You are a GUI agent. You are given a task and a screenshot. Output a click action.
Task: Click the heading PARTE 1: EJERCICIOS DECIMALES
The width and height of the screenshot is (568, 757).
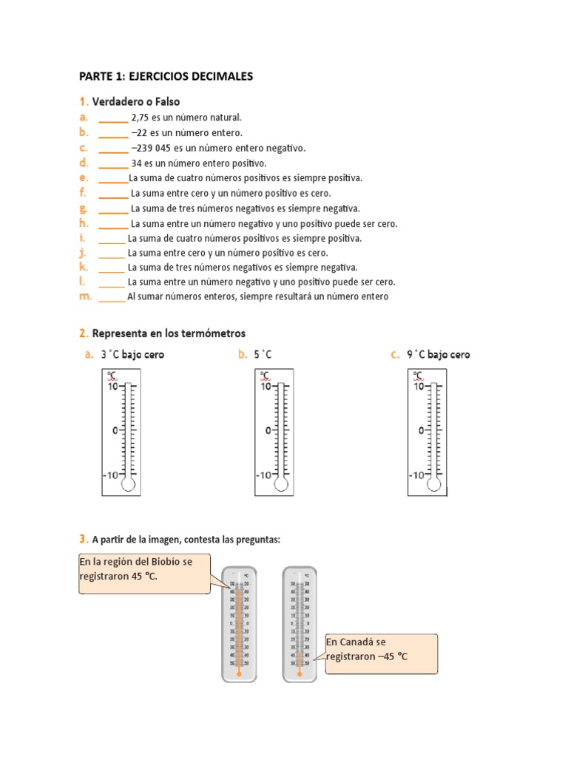point(166,76)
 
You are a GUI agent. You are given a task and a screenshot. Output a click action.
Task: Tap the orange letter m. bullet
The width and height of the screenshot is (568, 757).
point(85,296)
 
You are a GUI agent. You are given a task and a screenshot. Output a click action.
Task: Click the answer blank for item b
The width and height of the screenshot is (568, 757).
point(113,133)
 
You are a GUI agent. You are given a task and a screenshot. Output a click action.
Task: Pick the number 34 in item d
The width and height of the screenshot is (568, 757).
point(136,163)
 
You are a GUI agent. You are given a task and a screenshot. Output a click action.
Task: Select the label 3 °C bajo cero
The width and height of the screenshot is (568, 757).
point(132,355)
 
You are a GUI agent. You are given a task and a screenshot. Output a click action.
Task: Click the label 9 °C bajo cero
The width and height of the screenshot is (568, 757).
point(438,355)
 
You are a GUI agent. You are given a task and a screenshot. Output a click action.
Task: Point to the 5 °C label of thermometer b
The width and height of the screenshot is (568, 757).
point(263,355)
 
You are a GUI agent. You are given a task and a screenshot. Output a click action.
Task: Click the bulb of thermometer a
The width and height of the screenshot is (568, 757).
point(129,484)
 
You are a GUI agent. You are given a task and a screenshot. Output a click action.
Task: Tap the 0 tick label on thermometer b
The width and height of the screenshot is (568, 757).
point(266,430)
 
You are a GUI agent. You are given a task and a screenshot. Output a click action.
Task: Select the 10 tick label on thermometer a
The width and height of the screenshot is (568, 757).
point(113,386)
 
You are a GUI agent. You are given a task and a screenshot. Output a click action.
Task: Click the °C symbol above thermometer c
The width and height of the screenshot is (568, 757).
point(418,375)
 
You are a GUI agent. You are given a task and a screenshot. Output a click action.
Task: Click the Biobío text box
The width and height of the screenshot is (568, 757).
point(145,573)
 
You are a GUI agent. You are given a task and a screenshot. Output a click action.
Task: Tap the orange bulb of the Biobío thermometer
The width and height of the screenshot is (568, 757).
point(239,673)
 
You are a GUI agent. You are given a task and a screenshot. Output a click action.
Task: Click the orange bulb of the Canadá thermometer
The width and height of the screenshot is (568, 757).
point(300,673)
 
